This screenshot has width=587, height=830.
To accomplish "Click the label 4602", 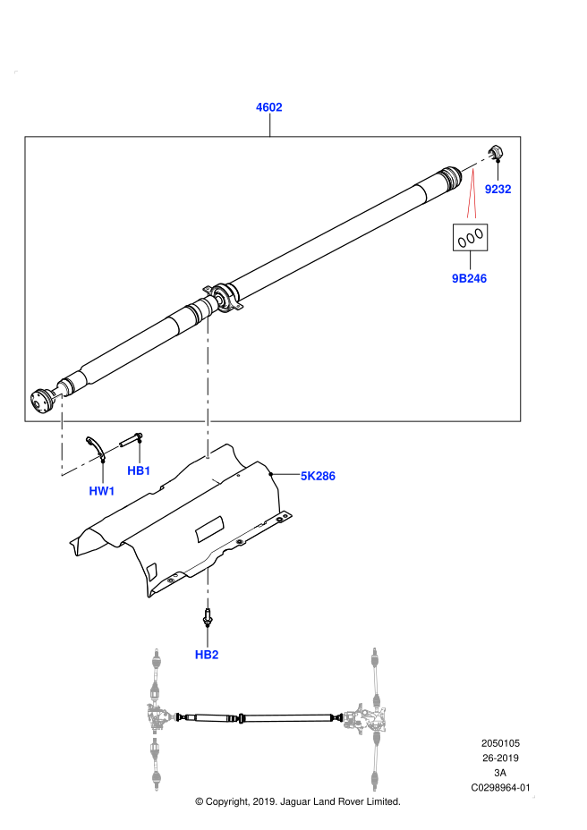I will tap(269, 107).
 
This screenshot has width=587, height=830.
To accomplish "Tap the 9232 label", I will tap(498, 189).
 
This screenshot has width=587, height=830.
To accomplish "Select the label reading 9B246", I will tap(469, 278).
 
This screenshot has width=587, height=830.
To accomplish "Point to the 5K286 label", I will tap(318, 476).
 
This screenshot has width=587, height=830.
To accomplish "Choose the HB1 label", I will tap(139, 470).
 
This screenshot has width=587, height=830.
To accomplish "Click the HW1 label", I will tap(102, 491).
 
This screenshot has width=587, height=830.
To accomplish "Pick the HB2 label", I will tap(207, 655).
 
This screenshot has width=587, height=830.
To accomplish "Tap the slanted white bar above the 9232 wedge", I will tap(478, 162).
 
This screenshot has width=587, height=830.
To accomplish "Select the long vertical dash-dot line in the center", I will tap(208, 386).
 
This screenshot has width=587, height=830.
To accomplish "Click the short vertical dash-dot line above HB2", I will tap(208, 588).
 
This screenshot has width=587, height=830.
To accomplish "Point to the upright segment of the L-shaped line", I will tap(62, 434).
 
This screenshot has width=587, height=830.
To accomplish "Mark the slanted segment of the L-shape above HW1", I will tap(81, 465).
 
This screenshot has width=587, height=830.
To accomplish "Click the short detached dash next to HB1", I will tap(112, 449).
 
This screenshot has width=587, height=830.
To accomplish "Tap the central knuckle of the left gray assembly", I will tap(158, 716).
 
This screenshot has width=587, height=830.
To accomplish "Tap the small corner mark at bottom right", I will tap(533, 796).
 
